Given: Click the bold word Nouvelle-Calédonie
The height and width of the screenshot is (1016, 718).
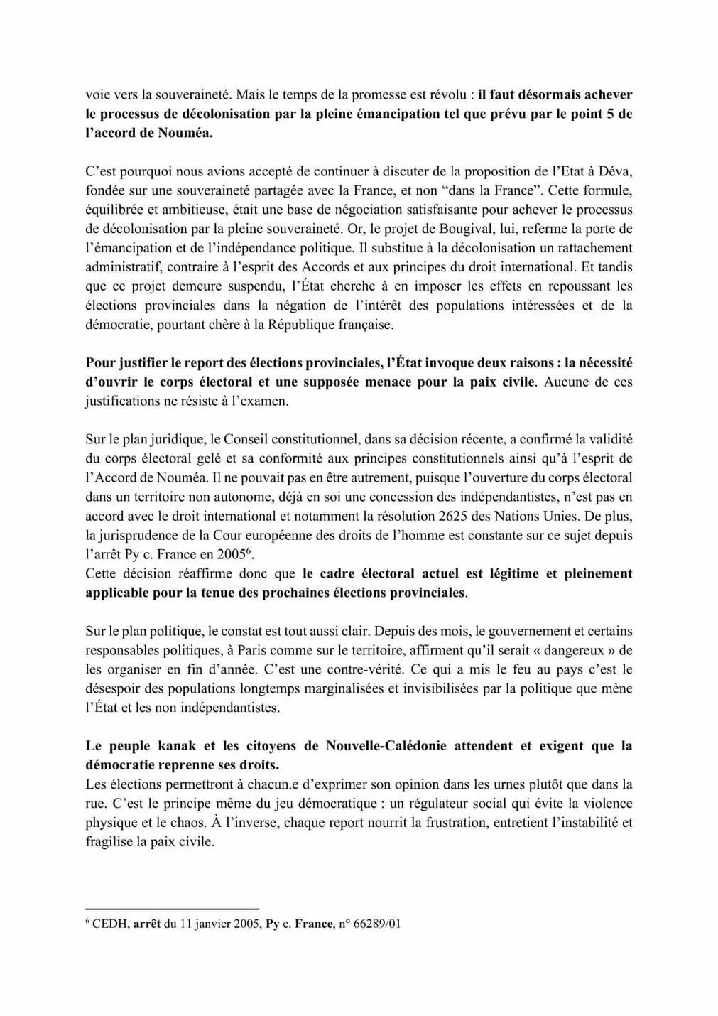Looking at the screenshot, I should point(388,746).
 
